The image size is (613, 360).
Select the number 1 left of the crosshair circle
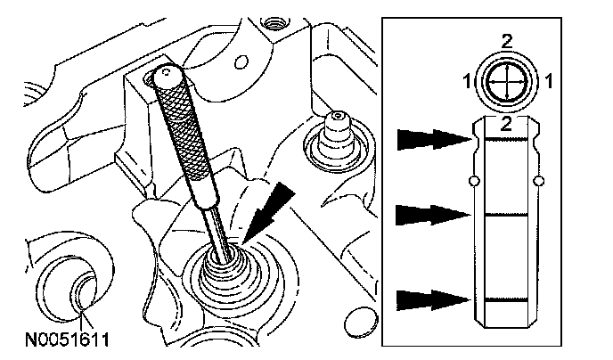(x=465, y=82)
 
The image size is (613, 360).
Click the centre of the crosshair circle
(x=506, y=84)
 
